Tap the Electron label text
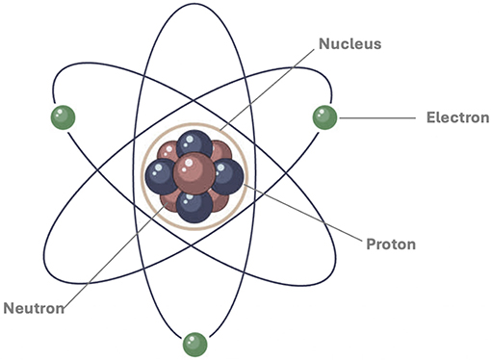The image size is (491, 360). pyautogui.click(x=452, y=118)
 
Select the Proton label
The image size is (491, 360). pyautogui.click(x=391, y=244)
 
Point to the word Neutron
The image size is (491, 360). pyautogui.click(x=33, y=309)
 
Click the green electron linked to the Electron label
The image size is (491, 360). pyautogui.click(x=323, y=117)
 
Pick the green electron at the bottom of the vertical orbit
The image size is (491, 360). pyautogui.click(x=195, y=343)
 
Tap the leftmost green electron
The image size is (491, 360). pyautogui.click(x=64, y=117)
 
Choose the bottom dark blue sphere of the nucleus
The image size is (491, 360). pyautogui.click(x=194, y=204)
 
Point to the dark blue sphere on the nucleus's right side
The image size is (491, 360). pyautogui.click(x=227, y=176)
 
